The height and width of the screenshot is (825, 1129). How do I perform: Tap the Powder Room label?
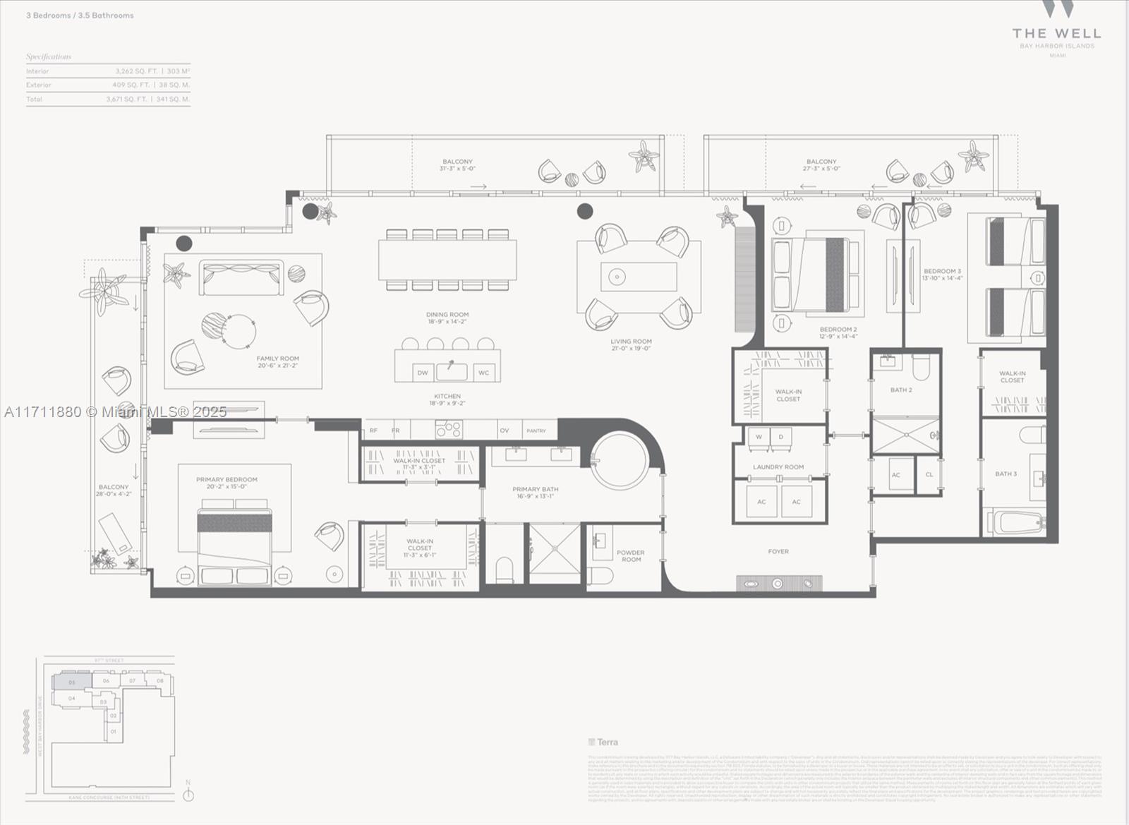point(631,556)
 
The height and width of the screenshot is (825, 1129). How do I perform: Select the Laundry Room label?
point(778,466)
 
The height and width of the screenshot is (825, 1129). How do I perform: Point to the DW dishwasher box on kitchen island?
point(423,373)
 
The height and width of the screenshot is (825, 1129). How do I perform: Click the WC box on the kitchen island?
point(483,373)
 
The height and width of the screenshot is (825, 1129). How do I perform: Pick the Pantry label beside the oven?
point(536,430)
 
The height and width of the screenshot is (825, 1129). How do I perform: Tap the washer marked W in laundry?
point(759,437)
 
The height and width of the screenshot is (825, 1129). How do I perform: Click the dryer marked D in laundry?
point(781,437)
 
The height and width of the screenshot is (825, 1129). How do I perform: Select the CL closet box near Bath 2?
point(929,474)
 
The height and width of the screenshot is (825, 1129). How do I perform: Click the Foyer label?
point(778,551)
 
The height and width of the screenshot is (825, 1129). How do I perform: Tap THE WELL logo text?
point(1056,33)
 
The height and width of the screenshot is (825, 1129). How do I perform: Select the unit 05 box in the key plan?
point(71,682)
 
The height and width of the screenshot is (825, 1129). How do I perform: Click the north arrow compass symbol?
point(188,795)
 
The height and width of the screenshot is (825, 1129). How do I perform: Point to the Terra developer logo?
point(603,742)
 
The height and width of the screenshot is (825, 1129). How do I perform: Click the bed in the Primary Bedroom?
point(234,543)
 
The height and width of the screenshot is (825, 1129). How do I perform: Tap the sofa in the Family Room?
point(241,278)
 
